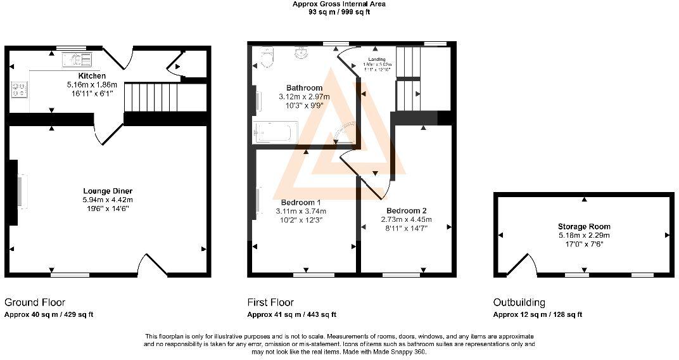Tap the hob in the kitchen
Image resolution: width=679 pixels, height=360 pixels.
tap(18, 89)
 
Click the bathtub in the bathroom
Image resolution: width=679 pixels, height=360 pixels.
tap(273, 132)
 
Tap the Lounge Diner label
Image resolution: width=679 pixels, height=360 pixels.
tap(108, 191)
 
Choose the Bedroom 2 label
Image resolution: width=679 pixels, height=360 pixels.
tap(406, 210)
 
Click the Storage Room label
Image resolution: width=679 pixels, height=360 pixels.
tap(584, 226)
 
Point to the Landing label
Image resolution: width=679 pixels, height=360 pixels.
tap(378, 60)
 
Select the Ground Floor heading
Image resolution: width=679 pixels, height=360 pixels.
tap(35, 302)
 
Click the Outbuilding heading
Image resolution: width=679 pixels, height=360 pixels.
tap(519, 302)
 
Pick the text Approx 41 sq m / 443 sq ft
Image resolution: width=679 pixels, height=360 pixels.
tap(291, 314)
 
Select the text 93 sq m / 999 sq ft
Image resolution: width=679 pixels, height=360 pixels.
tap(339, 11)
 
